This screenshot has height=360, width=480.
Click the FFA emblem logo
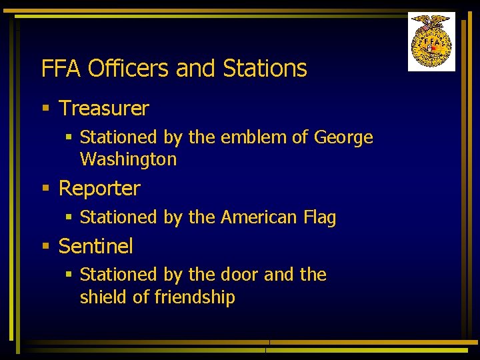coord(431,41)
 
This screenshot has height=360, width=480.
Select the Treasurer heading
coord(104,108)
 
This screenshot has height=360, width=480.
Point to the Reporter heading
coord(99,189)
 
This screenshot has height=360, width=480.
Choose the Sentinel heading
coord(96,247)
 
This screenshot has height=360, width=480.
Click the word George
coord(343,138)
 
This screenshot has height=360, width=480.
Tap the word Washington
coord(128,159)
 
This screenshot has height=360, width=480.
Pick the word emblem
coord(252,137)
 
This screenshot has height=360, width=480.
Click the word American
coord(259,217)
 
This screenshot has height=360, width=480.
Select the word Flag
coord(319,218)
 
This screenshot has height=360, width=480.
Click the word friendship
coord(194,297)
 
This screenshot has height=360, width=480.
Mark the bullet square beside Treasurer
coord(45,108)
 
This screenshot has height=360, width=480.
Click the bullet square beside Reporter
coord(45,189)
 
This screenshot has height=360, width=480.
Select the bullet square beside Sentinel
coord(45,247)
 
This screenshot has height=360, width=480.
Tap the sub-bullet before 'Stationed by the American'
coord(68,217)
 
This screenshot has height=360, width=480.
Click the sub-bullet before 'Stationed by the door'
coord(68,275)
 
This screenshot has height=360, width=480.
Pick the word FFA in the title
coord(61,69)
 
